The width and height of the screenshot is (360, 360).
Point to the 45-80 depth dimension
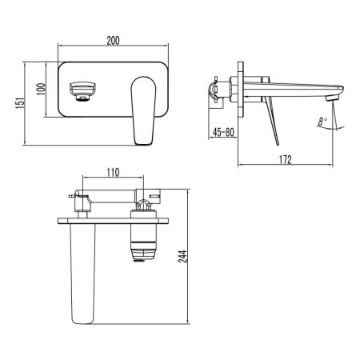(x=223, y=134)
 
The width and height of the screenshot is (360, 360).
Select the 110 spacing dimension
(x=113, y=172)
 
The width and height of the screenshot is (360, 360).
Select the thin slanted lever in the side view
(x=272, y=120)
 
